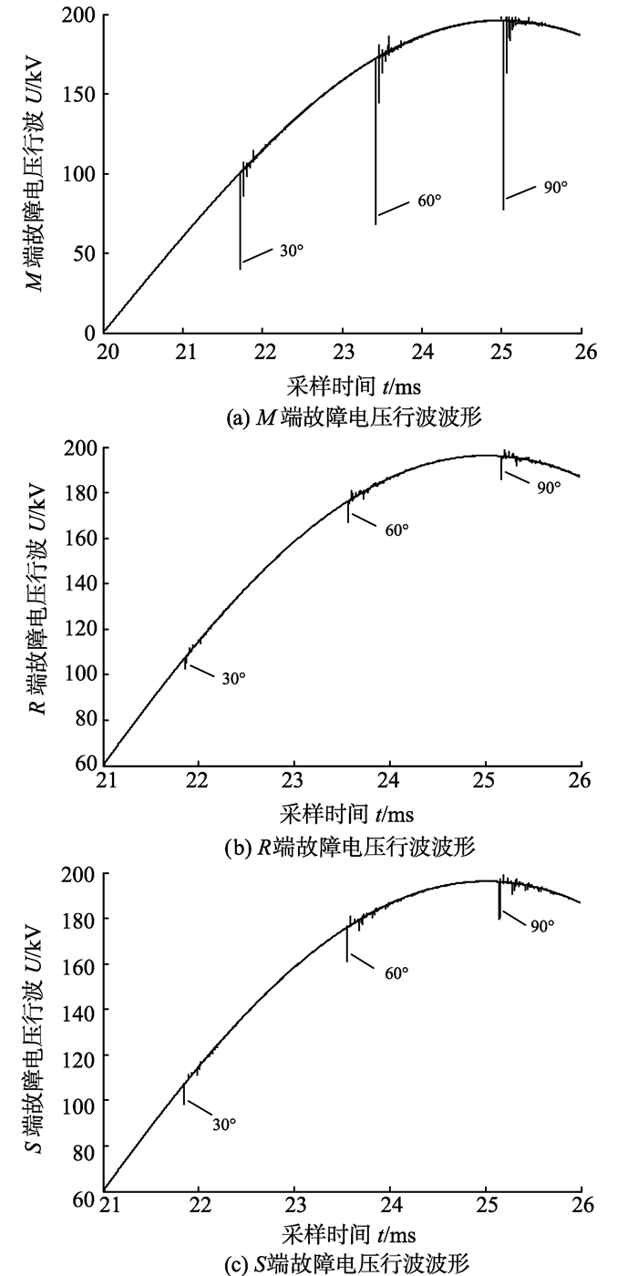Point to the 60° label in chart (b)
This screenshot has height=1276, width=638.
(x=397, y=530)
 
